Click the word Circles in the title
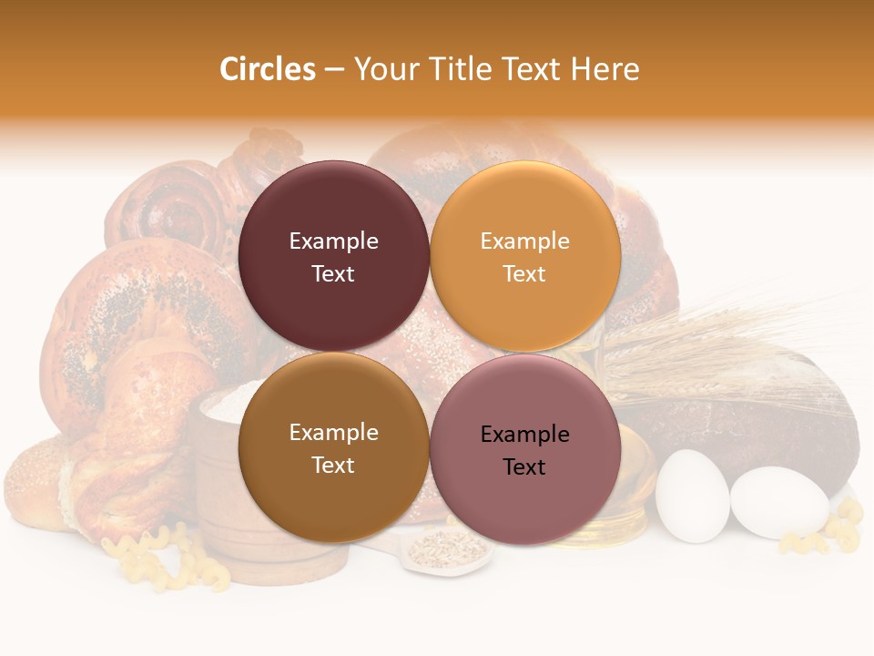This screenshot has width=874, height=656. [x=267, y=69]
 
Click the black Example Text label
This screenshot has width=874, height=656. [x=524, y=450]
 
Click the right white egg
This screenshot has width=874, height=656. [x=778, y=505]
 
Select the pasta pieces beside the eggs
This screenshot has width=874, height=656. [x=833, y=533]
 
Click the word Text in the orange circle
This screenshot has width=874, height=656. [x=524, y=273]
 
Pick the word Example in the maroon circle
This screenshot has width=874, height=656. [x=333, y=241]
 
